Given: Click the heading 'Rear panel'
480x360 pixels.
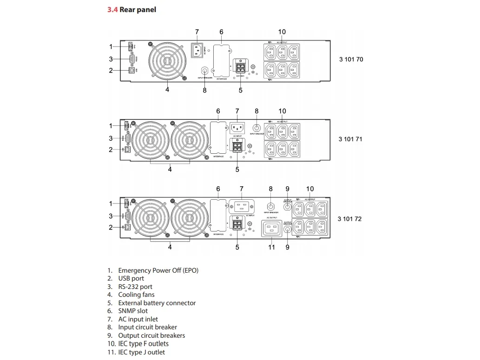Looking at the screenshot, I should pos(138,9).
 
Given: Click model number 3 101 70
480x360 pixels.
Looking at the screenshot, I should pos(351,59).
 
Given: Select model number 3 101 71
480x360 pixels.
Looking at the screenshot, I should pos(351,139).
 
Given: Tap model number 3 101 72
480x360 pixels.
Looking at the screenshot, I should pos(349,219).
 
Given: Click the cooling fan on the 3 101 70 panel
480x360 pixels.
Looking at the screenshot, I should pos(167,60).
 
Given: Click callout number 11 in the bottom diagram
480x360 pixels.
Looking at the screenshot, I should pos(272,247).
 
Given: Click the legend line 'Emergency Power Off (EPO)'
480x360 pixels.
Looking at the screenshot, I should pos(158,270).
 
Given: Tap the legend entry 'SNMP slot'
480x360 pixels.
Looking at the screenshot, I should pos(133,311).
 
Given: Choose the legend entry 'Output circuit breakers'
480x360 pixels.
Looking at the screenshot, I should pos(151,335).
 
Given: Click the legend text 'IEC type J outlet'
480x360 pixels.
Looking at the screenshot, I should pos(141,352).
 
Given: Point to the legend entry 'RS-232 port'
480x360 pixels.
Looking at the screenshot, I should pos(135,287).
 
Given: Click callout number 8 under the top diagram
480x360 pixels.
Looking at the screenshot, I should pos(204,90).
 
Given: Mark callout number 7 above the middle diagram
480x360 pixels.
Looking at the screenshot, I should pos(237,111).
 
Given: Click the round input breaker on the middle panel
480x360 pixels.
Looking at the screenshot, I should pos(256,127).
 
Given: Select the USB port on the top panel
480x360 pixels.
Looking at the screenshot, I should pos(131,71).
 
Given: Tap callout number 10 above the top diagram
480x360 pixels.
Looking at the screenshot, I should pos(282,32).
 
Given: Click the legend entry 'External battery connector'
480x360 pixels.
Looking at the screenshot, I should pos(157,303).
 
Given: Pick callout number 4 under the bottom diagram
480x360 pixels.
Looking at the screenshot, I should pos(170,247).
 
